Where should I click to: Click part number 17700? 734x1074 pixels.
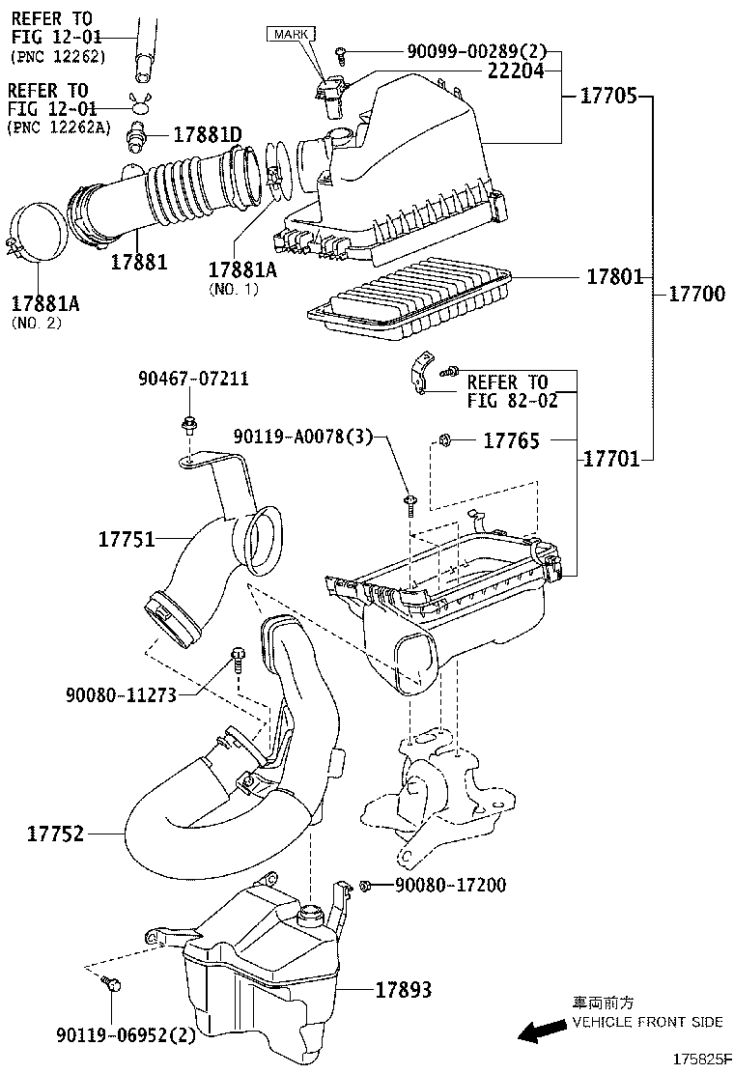coord(696,294)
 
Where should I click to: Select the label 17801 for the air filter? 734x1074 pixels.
coord(615,276)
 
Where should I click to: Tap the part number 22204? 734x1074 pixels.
coord(516,71)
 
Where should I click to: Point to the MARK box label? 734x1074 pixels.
coord(291,34)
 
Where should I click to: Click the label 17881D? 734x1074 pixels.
coord(208,134)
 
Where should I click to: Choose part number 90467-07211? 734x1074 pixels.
coord(193,378)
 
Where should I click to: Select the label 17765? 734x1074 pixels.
coord(512,440)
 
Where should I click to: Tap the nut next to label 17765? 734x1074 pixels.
coord(443,439)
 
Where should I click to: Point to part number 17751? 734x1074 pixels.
coord(127,539)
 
